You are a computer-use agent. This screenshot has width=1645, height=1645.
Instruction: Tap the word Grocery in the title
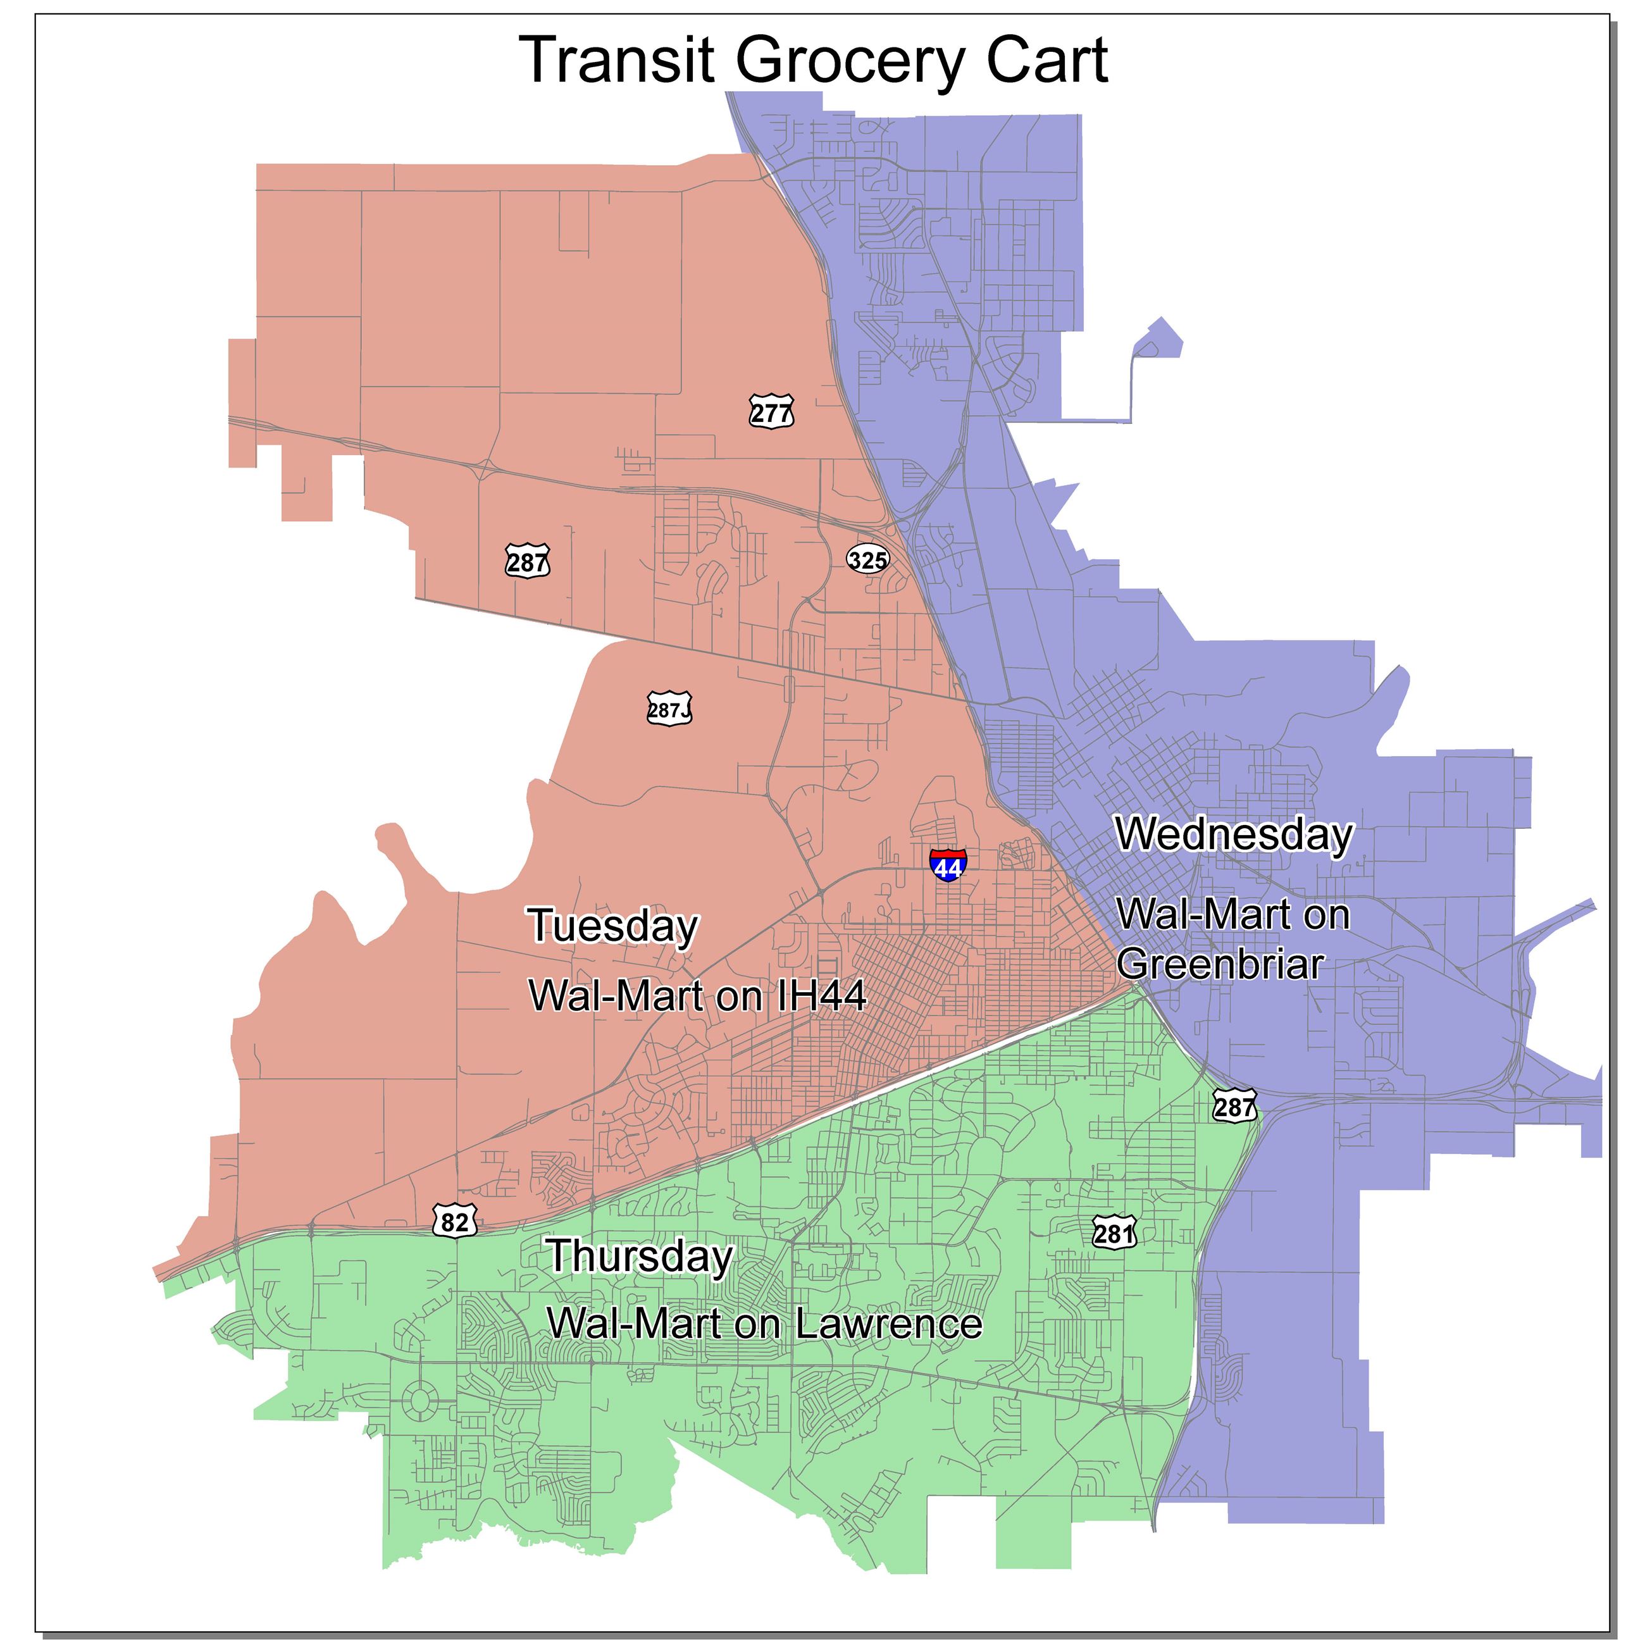[850, 61]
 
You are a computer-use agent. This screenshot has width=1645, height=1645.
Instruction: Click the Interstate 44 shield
[948, 865]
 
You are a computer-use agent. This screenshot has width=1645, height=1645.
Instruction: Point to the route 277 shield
[771, 413]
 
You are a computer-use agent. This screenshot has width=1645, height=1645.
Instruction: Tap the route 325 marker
[867, 559]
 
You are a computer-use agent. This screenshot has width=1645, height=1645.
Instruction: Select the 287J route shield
[669, 709]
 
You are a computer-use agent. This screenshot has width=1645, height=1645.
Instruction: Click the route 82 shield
[455, 1222]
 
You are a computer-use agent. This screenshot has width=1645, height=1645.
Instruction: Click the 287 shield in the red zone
[528, 561]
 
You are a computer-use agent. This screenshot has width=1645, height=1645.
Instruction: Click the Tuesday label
[613, 926]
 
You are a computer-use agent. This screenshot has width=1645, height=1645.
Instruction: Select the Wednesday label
[1234, 835]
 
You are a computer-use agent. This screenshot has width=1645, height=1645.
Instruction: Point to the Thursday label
[640, 1256]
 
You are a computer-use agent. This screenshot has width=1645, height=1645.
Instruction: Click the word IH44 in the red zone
[822, 995]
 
